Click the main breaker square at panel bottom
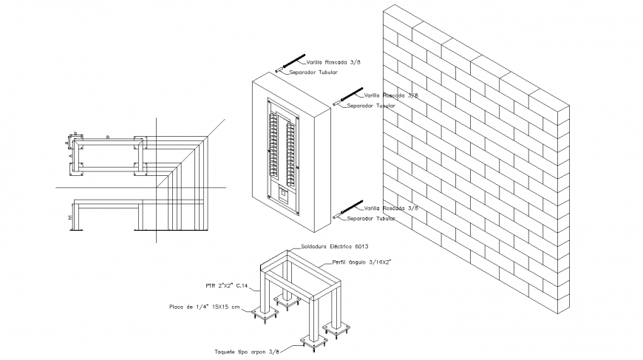tap(282, 196)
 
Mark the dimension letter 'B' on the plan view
tap(108, 137)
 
